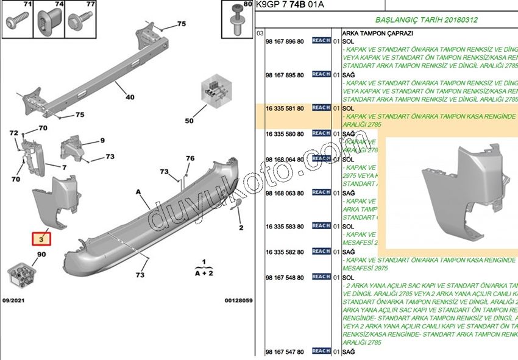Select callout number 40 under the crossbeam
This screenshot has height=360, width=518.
click(x=130, y=97)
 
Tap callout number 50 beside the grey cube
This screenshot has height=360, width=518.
click(x=190, y=121)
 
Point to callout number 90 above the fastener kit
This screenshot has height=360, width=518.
click(x=41, y=254)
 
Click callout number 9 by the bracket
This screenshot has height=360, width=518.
click(x=102, y=141)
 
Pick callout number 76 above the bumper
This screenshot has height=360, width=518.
click(x=190, y=158)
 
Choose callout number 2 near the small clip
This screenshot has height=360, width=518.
click(x=241, y=228)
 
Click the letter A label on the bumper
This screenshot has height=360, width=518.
click(x=138, y=192)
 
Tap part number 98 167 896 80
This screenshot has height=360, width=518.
click(x=285, y=41)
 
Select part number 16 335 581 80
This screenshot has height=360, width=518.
click(x=285, y=108)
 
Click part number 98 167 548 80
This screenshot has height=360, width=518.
click(x=285, y=277)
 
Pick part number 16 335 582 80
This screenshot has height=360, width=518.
click(x=285, y=252)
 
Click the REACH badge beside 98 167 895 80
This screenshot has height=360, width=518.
click(x=321, y=74)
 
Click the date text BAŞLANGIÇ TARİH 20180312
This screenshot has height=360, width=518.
click(x=417, y=20)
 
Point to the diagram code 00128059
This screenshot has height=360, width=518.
click(x=238, y=300)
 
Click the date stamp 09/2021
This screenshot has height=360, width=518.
click(x=14, y=300)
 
